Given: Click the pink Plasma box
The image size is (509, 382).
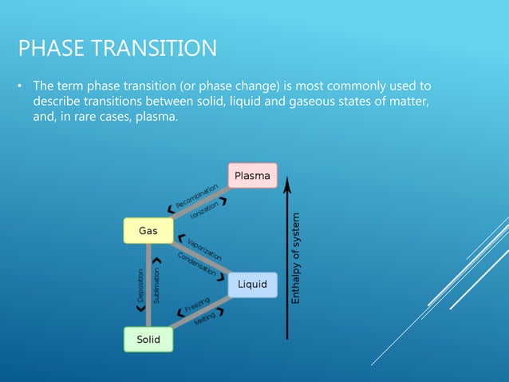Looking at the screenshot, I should [x=253, y=175].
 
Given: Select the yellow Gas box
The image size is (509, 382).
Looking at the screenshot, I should [x=148, y=230].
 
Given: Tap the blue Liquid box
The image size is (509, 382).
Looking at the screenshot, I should [x=252, y=284].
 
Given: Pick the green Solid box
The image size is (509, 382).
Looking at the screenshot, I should [x=148, y=340].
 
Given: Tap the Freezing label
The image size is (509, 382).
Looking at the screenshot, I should [x=196, y=304].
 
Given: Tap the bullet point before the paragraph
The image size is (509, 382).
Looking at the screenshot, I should [x=22, y=86].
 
